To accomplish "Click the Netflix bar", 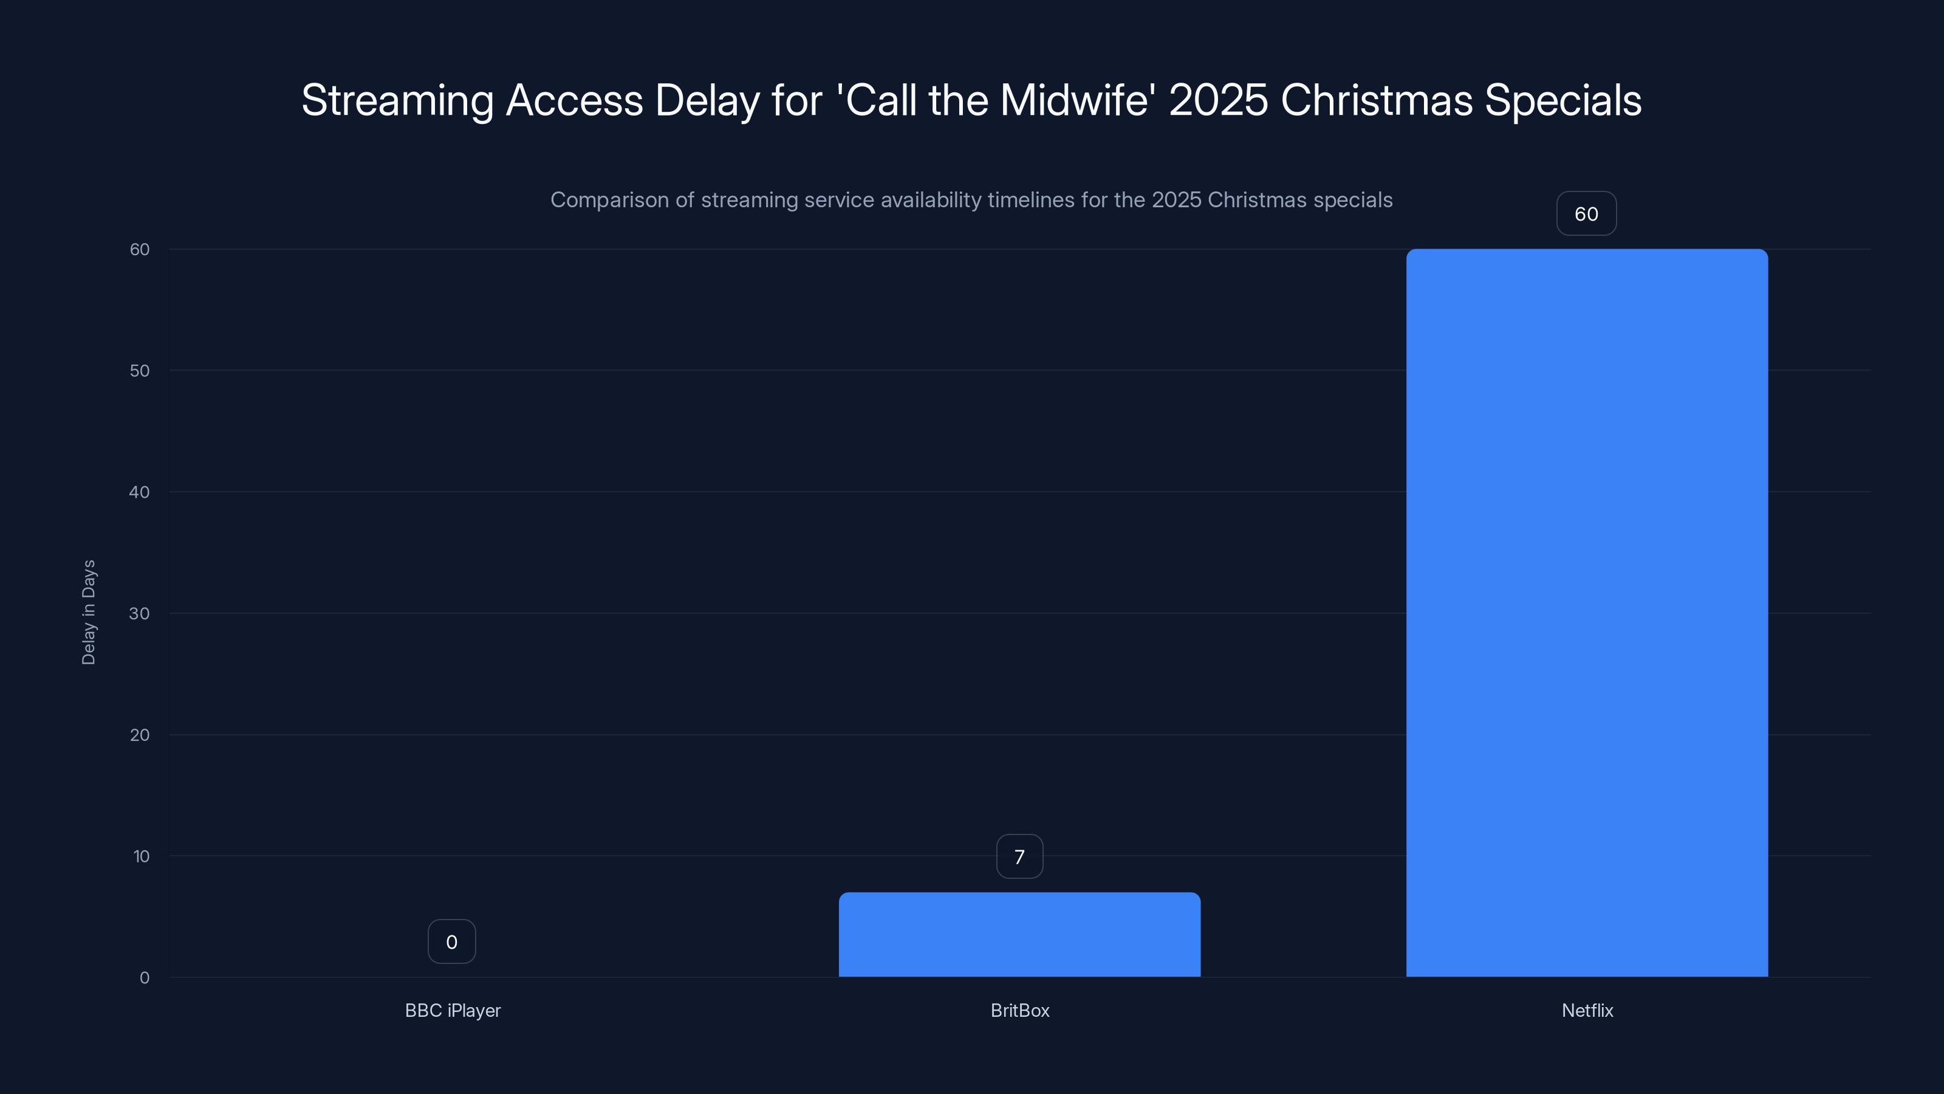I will coord(1586,612).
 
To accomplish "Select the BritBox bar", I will coord(1019,935).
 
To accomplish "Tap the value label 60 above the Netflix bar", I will coord(1586,214).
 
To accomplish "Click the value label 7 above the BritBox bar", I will coord(1019,856).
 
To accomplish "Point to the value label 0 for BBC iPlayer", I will coord(451,941).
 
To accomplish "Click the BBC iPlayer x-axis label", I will coord(453,1010).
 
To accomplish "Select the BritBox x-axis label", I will coord(1019,1010).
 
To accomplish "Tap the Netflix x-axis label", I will coord(1587,1010).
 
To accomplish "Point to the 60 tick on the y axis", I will coord(140,249).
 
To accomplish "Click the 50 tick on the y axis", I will coord(140,371).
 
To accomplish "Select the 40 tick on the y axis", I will coord(140,492).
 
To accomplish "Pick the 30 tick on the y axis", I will coord(140,613).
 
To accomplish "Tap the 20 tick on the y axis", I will coord(140,735).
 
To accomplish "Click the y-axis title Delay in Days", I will coord(88,612).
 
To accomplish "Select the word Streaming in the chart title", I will coord(397,101).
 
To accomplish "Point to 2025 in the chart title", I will coord(1218,100).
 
